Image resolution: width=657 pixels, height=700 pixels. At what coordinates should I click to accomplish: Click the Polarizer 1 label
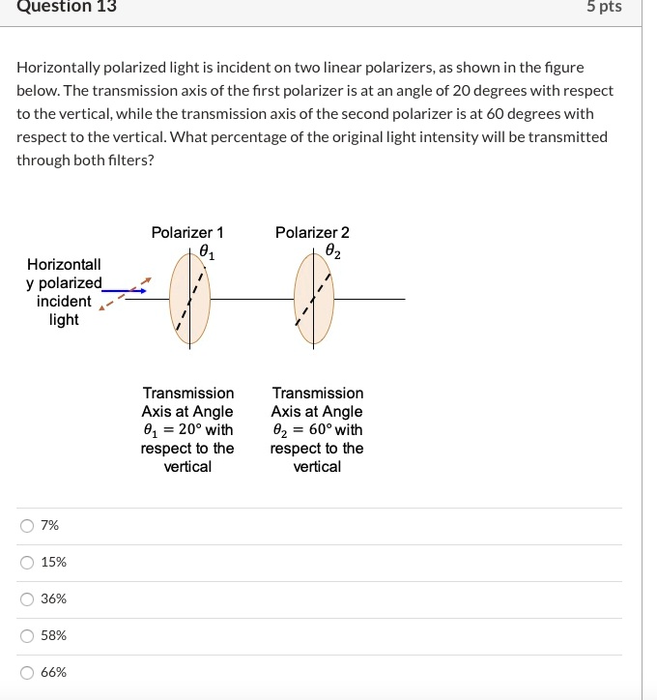(187, 233)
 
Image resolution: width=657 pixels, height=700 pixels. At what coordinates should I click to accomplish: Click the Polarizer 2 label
(312, 233)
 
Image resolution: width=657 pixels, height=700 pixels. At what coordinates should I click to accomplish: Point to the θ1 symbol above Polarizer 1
(207, 253)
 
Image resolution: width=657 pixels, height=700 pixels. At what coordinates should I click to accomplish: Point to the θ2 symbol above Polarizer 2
(332, 252)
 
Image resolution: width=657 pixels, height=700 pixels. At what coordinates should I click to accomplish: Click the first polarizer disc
(188, 300)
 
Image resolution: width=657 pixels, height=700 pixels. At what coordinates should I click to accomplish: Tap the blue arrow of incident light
(124, 289)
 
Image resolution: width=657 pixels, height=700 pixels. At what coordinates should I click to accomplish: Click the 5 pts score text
(604, 7)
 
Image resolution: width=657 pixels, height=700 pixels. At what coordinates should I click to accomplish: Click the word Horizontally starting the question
(58, 68)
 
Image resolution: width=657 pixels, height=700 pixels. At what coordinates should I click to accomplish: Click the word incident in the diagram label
(64, 302)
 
